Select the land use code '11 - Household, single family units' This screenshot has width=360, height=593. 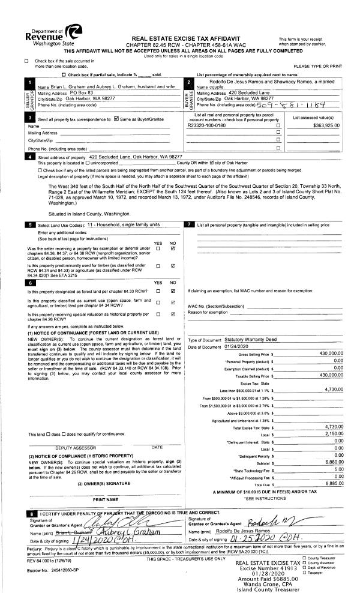point(123,223)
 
